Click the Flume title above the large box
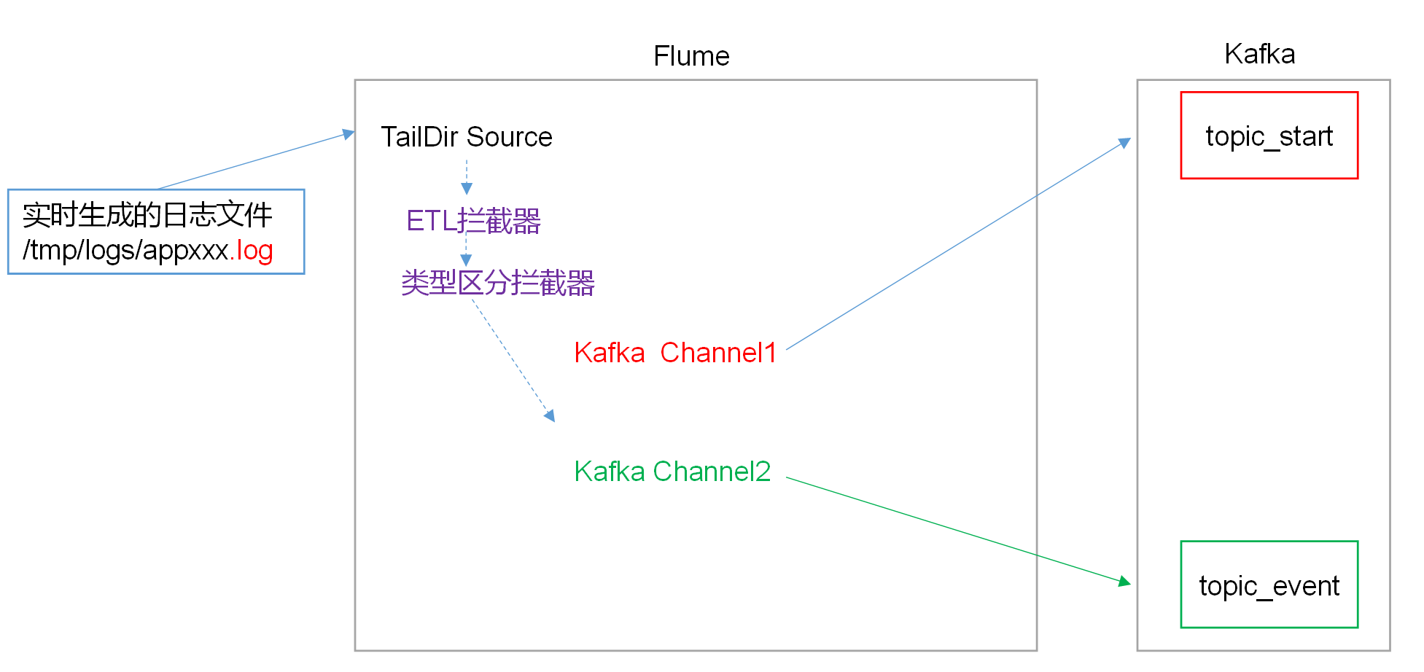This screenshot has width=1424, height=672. click(x=690, y=56)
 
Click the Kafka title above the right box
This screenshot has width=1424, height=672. click(x=1259, y=54)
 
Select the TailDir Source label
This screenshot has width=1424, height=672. click(x=466, y=137)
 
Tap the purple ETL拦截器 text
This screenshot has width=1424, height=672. click(x=473, y=221)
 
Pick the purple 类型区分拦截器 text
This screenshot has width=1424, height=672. click(x=497, y=283)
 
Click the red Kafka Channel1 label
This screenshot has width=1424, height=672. click(x=674, y=353)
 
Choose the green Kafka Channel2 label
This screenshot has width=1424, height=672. click(x=672, y=472)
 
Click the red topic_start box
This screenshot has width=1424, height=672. click(x=1269, y=136)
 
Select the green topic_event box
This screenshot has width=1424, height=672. click(x=1269, y=585)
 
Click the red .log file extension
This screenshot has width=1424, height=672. click(x=252, y=251)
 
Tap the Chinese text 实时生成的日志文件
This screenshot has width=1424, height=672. click(x=147, y=215)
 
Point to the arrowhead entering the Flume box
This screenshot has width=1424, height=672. click(x=349, y=134)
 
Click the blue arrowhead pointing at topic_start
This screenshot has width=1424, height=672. click(x=1125, y=142)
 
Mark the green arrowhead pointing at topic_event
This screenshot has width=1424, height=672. click(x=1125, y=582)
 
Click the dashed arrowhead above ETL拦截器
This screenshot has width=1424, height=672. click(x=467, y=190)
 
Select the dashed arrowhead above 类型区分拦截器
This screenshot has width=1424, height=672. click(x=467, y=260)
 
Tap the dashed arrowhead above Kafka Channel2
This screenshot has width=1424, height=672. click(x=550, y=416)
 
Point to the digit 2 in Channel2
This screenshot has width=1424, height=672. click(x=763, y=472)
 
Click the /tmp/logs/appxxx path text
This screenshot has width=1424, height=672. click(x=125, y=251)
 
